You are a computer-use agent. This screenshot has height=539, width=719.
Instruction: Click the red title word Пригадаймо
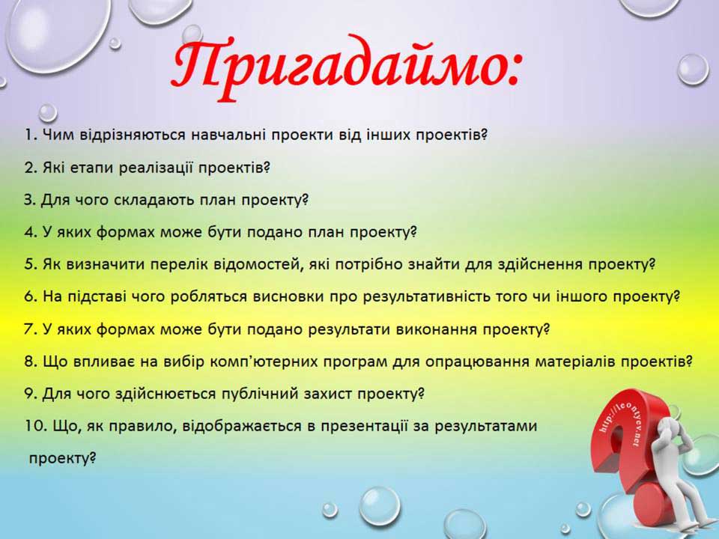[x=345, y=64]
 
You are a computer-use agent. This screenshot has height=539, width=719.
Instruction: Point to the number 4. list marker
[x=30, y=232]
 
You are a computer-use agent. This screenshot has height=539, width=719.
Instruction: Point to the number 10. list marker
[x=35, y=426]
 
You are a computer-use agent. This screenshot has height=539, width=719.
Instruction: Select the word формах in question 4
[x=126, y=232]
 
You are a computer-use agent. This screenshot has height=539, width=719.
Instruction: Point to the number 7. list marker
[x=30, y=329]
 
